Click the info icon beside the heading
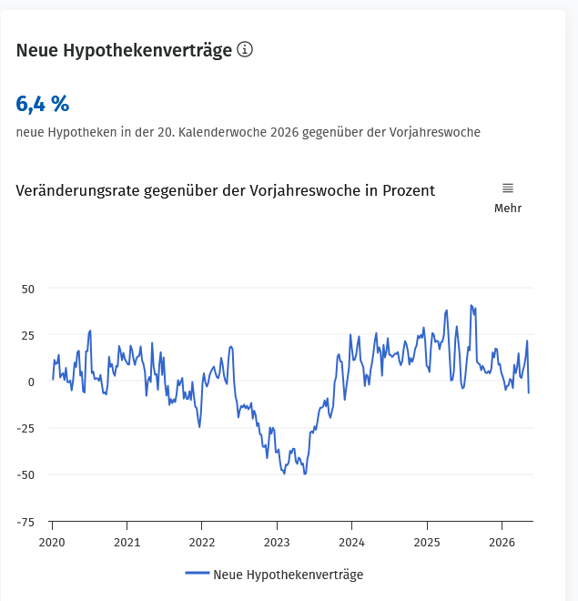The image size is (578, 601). tap(245, 49)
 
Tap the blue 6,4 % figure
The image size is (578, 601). tap(43, 104)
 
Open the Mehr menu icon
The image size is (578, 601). tap(508, 188)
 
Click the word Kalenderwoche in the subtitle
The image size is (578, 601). tap(222, 132)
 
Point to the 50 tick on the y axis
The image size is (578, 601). tap(28, 289)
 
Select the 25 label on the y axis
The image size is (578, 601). tap(28, 336)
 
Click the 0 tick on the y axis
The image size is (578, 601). tap(31, 382)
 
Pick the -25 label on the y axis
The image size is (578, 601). tap(25, 429)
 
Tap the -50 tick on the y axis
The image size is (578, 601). tap(25, 475)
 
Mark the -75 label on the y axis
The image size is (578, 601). tap(25, 522)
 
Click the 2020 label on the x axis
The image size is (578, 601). tap(52, 543)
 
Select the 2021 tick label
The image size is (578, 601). tap(127, 543)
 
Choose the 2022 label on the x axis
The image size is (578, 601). tap(202, 543)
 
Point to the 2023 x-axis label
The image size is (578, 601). tap(277, 543)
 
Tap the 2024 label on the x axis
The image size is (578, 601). tap(351, 543)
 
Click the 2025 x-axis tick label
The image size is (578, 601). tap(427, 543)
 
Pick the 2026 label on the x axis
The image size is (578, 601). tap(502, 543)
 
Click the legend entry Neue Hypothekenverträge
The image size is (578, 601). tap(274, 575)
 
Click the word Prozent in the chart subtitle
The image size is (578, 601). tap(409, 190)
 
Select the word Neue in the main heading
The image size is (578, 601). tap(37, 50)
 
